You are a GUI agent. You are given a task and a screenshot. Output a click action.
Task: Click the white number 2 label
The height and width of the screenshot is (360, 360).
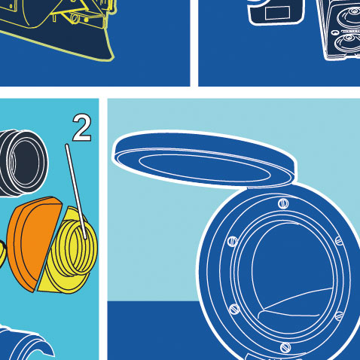point(82,128)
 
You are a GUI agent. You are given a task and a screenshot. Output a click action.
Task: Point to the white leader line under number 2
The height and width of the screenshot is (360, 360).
point(76,191)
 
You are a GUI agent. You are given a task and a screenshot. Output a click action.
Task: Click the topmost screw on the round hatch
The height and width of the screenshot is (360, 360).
point(283,203)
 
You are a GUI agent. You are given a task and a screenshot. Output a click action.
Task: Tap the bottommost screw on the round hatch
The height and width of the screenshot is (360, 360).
point(285,348)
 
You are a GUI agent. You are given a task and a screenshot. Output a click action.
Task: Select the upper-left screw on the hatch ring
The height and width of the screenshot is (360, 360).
point(233,241)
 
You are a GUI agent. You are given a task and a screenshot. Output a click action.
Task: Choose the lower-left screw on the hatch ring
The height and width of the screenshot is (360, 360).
point(234,309)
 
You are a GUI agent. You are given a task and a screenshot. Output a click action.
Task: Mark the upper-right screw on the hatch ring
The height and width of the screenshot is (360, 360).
point(339,241)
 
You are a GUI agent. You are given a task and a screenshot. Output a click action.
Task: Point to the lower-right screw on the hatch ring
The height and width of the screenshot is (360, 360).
point(339,316)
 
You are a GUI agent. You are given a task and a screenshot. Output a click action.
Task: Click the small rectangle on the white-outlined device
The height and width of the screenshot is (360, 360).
point(278,13)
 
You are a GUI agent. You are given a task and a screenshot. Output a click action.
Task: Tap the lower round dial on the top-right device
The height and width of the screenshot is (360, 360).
point(348,43)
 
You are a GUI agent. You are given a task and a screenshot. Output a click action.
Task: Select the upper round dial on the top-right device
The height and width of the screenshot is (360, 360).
point(350,15)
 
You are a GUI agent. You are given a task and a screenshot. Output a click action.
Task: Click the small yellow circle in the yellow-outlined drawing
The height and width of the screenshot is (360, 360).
point(75,17)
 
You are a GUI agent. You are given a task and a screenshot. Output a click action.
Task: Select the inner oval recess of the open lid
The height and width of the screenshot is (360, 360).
point(205,167)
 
